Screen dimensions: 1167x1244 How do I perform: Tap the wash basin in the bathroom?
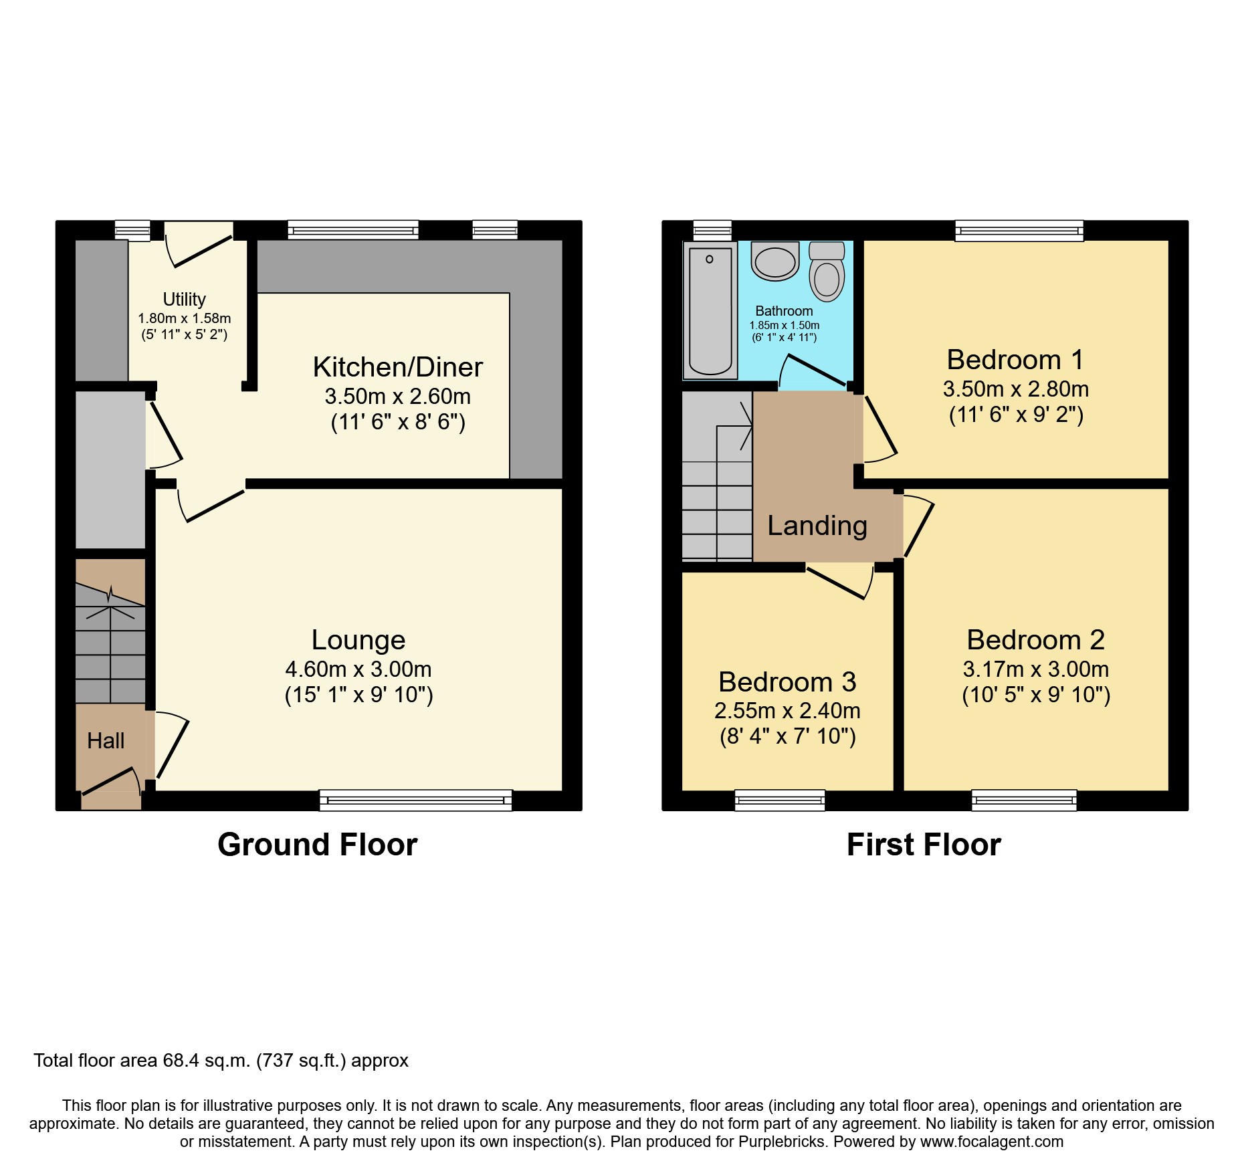point(775,261)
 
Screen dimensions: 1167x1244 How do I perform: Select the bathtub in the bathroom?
point(710,311)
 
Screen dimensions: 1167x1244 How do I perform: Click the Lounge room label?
point(358,640)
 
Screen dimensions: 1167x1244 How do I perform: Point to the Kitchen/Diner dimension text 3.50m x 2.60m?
point(397,397)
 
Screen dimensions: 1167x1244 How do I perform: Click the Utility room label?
point(184,299)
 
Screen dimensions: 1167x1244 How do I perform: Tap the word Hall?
point(106,741)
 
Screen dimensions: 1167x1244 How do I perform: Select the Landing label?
point(817,526)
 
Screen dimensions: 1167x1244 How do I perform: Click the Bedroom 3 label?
point(787,682)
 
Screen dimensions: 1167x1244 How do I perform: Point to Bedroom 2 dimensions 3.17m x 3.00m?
point(1035,669)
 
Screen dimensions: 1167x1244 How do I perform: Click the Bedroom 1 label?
point(1015,360)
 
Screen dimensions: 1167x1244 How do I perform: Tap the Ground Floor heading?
point(317,845)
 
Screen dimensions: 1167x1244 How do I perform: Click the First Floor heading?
point(923,845)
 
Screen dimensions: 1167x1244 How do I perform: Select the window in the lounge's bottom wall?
point(415,800)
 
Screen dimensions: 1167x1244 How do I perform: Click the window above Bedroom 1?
point(1019,231)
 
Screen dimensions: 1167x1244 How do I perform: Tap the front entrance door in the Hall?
point(110,784)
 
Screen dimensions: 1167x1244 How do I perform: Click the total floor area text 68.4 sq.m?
point(221,1061)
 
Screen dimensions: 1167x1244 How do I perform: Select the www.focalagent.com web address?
point(991,1142)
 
